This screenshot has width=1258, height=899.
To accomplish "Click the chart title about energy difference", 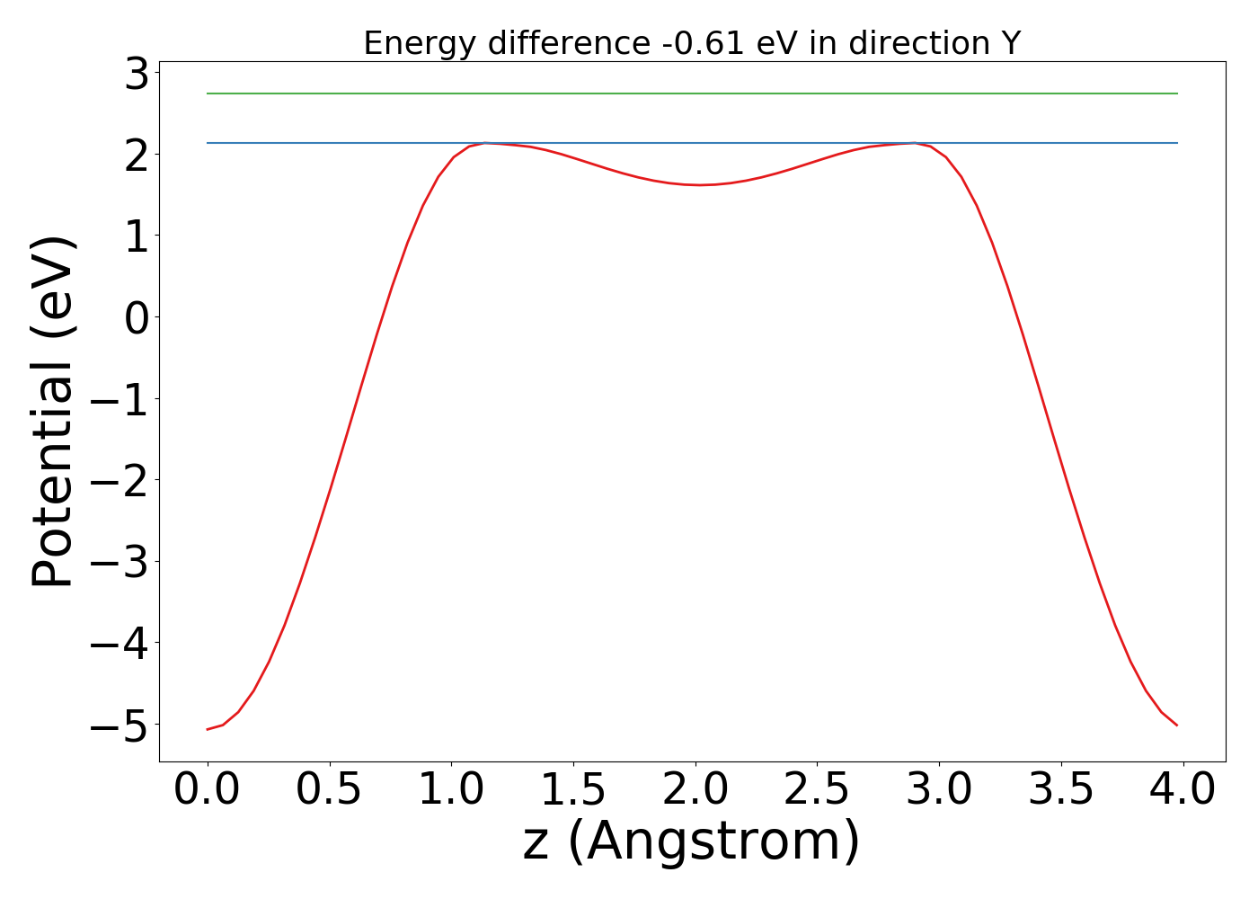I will pos(692,43).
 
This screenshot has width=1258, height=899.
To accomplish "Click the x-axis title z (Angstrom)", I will pos(692,841).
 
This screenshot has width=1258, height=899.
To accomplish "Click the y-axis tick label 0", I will pos(137,317).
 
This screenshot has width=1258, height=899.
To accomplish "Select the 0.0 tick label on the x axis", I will pos(208,790).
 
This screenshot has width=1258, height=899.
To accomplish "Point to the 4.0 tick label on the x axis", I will pos(1183,790).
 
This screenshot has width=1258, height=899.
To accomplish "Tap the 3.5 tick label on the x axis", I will pos(1061,790).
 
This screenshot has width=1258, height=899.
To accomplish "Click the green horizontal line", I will pos(692,93).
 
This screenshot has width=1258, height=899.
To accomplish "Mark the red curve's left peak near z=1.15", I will pos(486,143).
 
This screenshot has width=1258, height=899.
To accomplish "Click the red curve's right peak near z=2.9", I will pos(915,143).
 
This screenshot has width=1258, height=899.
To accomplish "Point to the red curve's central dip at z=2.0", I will pos(699,185).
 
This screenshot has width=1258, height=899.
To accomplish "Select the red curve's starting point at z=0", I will pos(208,729).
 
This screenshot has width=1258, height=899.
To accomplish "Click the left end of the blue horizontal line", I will pos(208,143).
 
